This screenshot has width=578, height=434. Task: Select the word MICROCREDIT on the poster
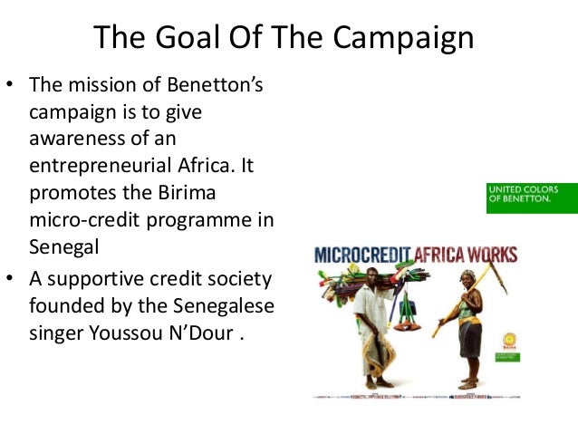click(x=371, y=256)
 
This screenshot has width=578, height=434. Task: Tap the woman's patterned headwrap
click(x=468, y=275)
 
